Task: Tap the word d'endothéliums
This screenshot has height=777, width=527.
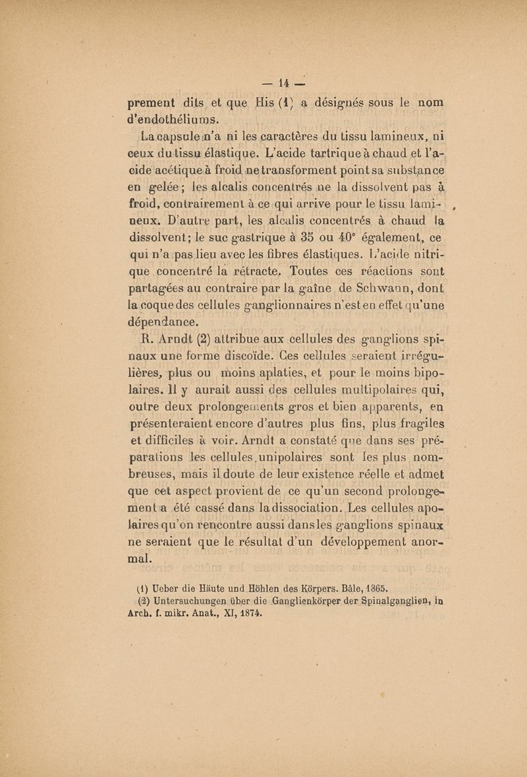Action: (x=171, y=120)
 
